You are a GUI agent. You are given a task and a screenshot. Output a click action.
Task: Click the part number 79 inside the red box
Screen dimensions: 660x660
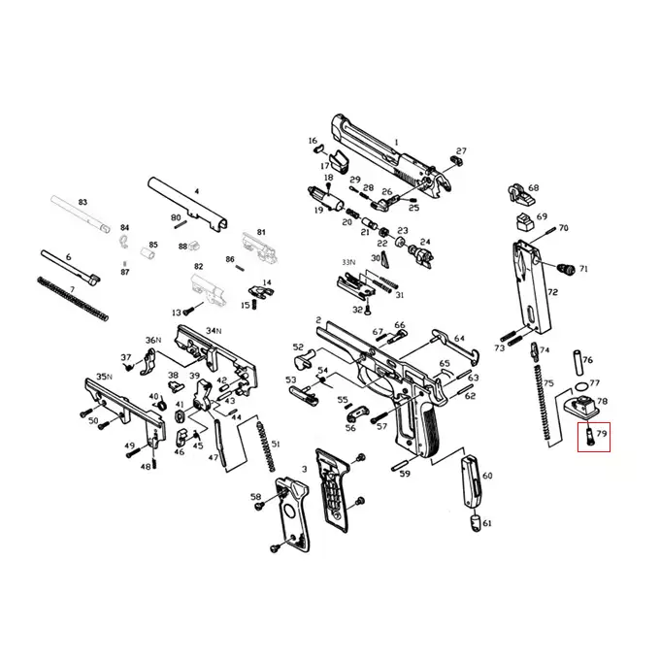tap(602, 432)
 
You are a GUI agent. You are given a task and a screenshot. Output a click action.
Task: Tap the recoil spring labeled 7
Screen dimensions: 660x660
tap(73, 298)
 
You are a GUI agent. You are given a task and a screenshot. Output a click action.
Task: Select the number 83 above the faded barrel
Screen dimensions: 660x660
tap(82, 203)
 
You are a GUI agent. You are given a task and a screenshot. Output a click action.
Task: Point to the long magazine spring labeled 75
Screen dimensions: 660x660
tap(543, 403)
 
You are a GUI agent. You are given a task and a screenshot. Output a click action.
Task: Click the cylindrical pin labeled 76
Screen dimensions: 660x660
tap(577, 362)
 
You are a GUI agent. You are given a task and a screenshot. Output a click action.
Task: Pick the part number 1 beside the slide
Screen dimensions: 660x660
tap(396, 143)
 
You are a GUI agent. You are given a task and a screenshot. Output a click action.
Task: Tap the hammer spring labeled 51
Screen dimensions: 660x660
tap(266, 446)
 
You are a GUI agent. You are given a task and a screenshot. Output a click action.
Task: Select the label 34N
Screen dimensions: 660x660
tap(214, 331)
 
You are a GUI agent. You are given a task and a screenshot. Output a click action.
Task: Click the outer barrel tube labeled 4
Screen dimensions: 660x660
tap(188, 204)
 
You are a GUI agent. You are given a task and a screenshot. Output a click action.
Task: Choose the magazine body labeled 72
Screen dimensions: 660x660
tap(531, 286)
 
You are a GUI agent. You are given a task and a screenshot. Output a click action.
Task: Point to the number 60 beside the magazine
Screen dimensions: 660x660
tap(487, 476)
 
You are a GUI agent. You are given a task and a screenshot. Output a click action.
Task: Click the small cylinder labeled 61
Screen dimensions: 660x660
tap(475, 523)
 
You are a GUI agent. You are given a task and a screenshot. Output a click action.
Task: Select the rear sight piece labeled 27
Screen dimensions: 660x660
tap(456, 160)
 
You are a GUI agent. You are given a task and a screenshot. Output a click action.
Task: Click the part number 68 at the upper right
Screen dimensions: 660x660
tap(533, 187)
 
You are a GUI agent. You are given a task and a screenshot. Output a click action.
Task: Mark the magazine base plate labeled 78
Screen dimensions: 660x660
tap(580, 408)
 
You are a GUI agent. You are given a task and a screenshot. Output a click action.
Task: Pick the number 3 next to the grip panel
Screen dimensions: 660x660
tap(305, 469)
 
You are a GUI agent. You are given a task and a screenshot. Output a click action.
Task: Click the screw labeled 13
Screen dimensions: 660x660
tap(190, 311)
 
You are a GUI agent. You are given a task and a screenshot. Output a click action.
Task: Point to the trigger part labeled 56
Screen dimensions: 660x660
tap(358, 413)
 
